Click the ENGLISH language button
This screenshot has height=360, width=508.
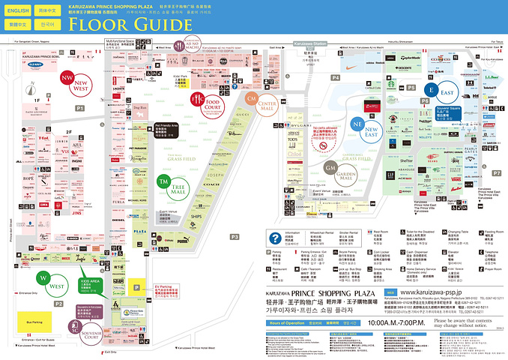click(x=19, y=11)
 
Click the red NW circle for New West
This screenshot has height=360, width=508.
click(x=67, y=77)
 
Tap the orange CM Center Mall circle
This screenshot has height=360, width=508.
click(x=252, y=99)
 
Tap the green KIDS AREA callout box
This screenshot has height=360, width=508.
click(x=88, y=285)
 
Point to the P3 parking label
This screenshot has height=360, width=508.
click(x=234, y=237)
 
